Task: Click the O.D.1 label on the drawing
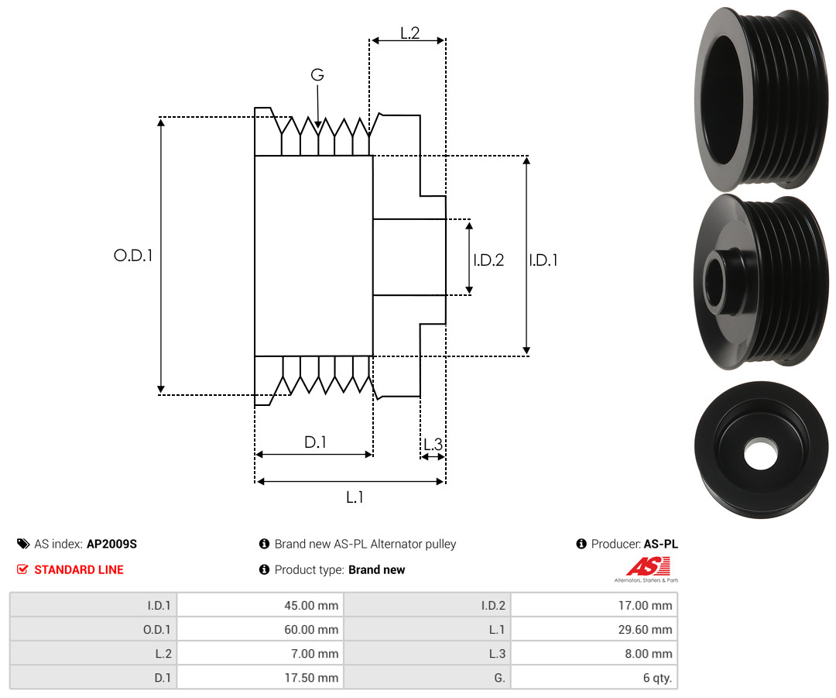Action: click(133, 256)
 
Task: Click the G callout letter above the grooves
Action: click(317, 74)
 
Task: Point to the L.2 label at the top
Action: click(410, 33)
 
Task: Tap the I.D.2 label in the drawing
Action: click(488, 260)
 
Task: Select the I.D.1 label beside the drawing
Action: click(543, 260)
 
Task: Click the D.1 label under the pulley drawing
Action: click(315, 442)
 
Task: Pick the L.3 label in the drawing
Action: click(433, 444)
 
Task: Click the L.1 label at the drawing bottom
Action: click(355, 497)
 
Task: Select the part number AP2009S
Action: click(112, 544)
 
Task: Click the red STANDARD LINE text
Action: click(79, 569)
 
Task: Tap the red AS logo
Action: click(649, 567)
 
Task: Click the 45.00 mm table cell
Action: click(261, 605)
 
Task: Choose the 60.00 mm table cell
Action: click(261, 629)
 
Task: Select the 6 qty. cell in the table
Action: click(594, 677)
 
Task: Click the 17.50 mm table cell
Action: click(261, 677)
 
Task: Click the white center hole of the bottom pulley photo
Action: click(761, 454)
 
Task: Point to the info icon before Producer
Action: click(581, 544)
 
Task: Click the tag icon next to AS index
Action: click(23, 544)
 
